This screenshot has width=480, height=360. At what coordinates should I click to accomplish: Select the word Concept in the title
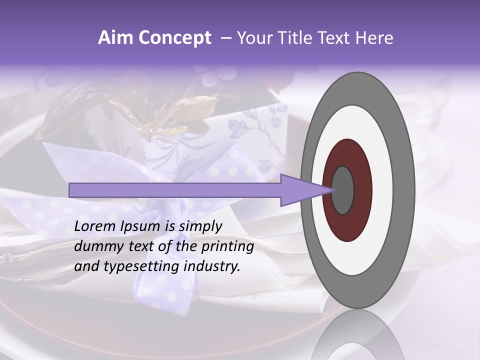(x=174, y=38)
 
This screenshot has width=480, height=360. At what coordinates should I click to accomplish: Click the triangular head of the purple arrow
(x=300, y=190)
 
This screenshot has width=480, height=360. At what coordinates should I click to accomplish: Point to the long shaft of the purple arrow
(x=175, y=190)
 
